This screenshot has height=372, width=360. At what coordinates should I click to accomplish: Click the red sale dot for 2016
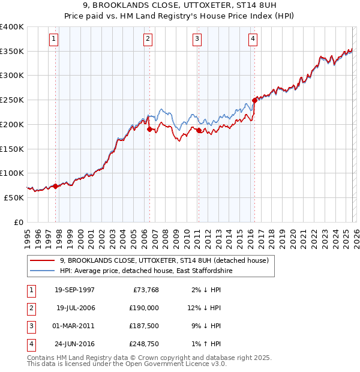254,101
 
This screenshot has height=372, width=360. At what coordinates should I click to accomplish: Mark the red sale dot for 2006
149,129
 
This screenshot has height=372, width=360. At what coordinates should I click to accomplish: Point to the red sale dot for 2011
199,130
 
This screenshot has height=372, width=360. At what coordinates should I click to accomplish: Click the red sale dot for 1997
56,186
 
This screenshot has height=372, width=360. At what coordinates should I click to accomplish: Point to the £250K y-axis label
12,100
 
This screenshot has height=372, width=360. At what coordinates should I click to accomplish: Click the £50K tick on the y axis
14,197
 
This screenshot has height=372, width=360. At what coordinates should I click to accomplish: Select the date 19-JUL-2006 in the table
75,308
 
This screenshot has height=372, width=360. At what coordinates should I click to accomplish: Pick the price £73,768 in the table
144,290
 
